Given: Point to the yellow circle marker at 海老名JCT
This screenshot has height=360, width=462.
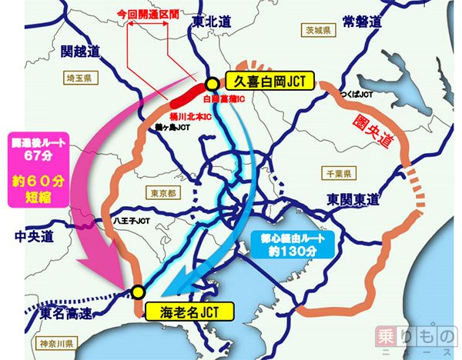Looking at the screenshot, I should click(138, 292).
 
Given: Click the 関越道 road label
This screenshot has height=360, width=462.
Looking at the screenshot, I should click(80, 52).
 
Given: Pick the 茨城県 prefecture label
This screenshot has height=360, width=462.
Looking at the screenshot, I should click(316, 32).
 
